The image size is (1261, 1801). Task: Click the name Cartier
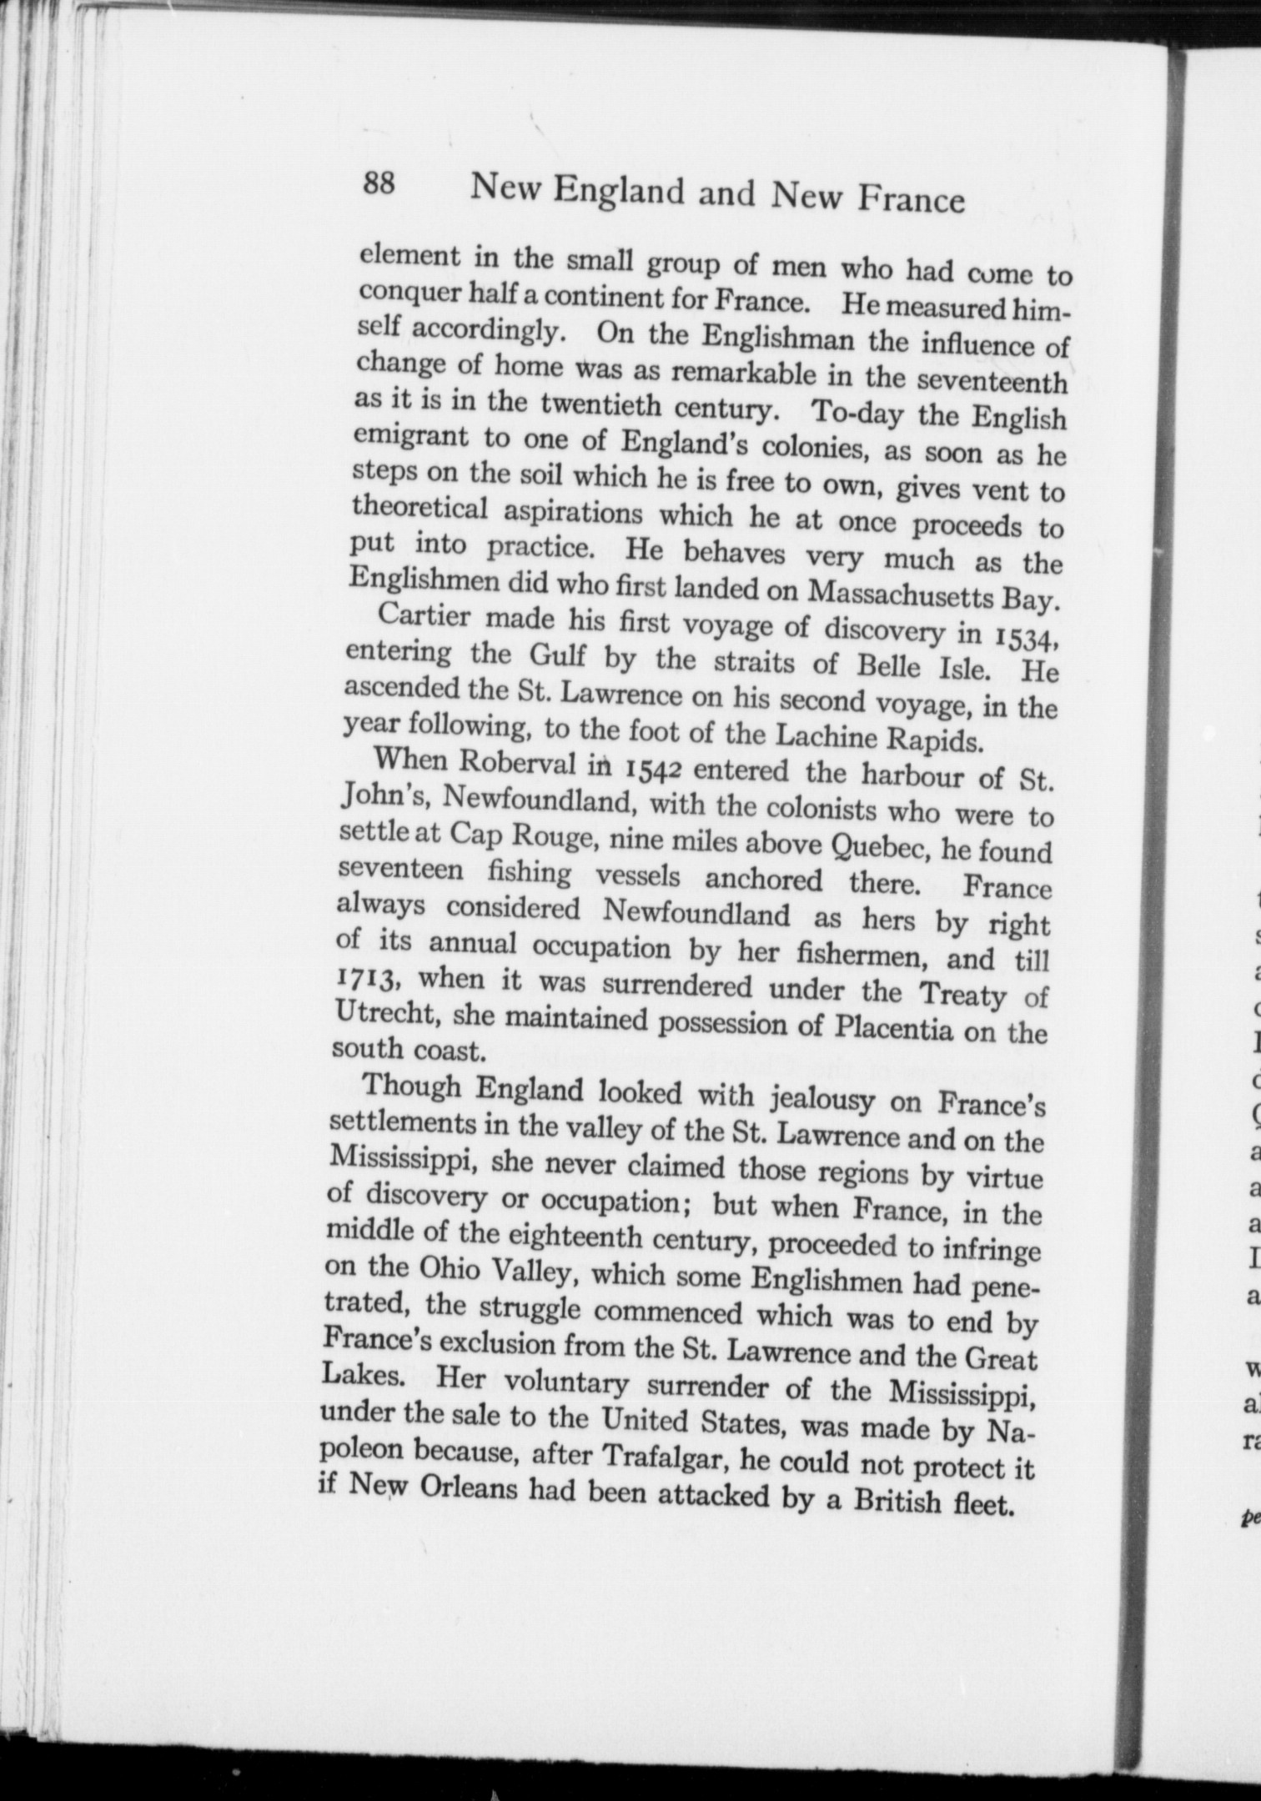[x=425, y=618]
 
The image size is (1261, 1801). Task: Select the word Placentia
[x=893, y=1027]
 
